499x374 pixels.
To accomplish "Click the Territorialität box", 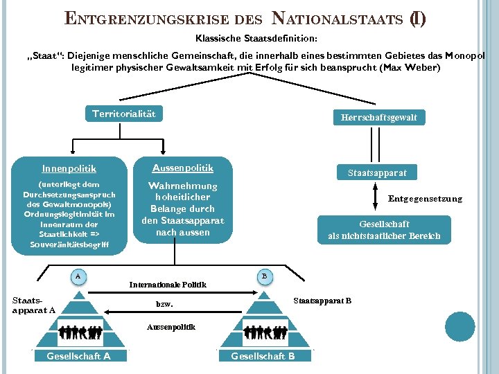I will (x=124, y=114).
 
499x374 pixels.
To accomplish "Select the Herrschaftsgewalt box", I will (x=378, y=118).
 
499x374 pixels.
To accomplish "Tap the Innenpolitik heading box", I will (x=69, y=168).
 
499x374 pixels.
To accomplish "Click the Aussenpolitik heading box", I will (x=182, y=168).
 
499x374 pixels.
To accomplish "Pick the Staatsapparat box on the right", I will (x=377, y=172).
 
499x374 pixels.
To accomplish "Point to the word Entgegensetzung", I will (x=425, y=199).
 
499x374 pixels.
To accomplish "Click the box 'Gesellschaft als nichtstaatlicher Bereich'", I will (x=383, y=230).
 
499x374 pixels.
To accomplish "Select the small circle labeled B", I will (x=263, y=276).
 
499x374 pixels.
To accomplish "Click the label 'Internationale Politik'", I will (x=168, y=285).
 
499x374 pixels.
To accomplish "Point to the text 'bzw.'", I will (x=164, y=304).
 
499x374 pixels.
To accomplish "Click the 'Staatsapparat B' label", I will (x=322, y=301).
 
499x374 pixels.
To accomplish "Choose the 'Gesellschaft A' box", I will (x=78, y=356).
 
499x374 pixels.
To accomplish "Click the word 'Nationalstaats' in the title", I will (x=335, y=18).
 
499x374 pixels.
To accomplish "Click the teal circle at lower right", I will (x=459, y=326).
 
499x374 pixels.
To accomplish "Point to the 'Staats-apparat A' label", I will (x=33, y=305).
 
